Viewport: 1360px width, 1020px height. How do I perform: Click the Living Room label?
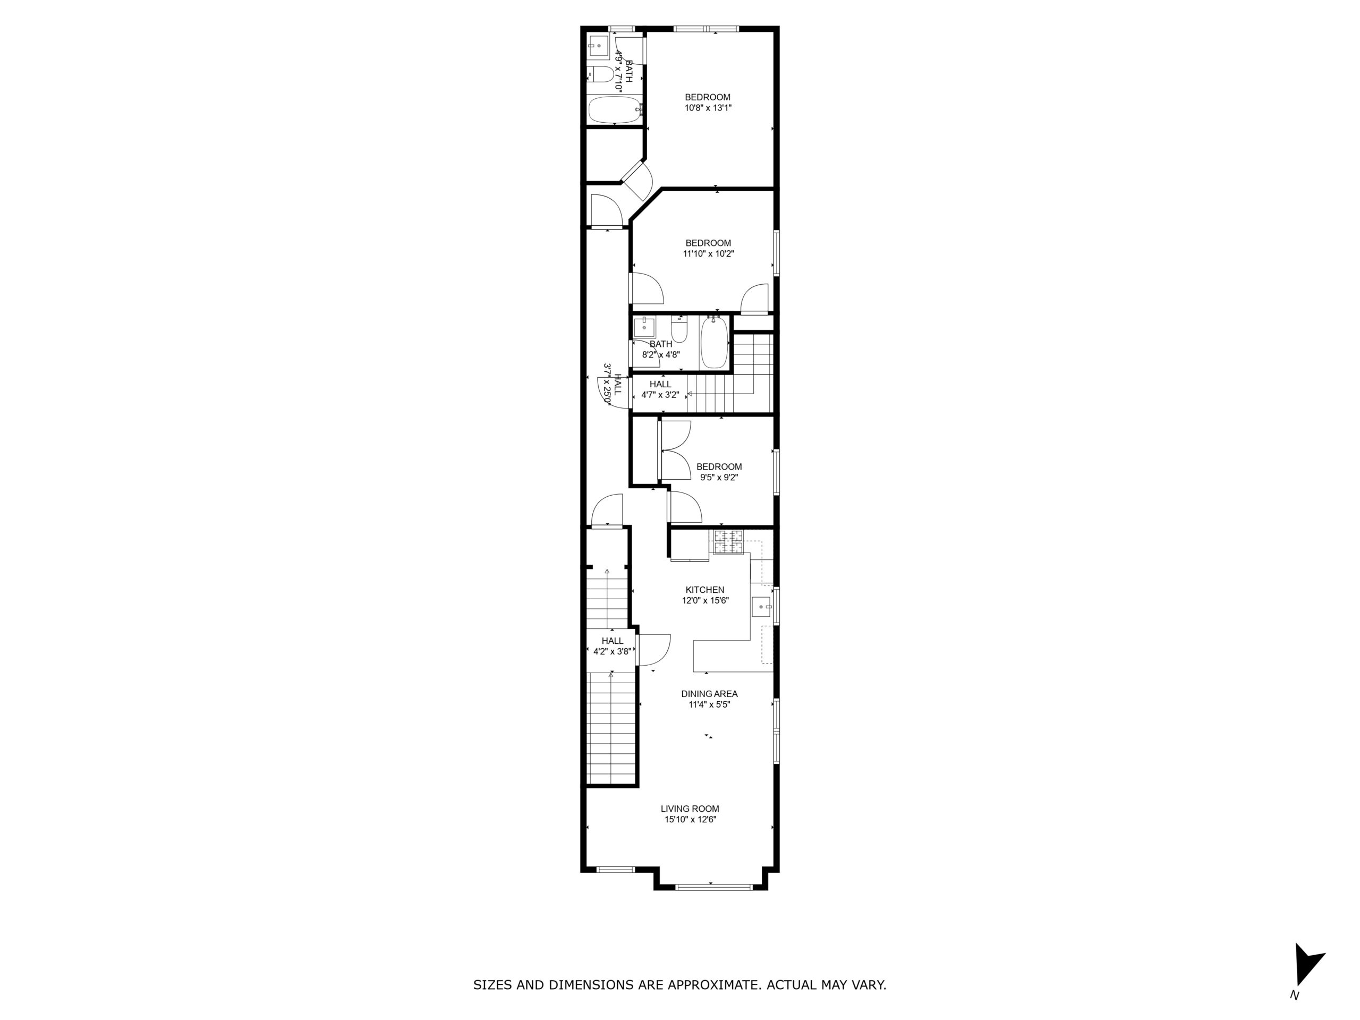[690, 809]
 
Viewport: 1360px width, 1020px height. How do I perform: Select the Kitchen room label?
[705, 590]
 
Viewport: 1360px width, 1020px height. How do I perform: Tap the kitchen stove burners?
[728, 542]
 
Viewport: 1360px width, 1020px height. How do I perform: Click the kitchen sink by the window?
[762, 607]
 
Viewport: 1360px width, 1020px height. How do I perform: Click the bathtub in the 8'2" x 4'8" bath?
[714, 342]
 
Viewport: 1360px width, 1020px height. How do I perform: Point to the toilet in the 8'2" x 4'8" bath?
[679, 329]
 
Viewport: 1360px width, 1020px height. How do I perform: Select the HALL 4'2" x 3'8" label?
[613, 646]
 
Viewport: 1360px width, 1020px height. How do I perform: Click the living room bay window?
[713, 887]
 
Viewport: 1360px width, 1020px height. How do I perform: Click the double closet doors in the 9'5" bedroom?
[675, 450]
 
